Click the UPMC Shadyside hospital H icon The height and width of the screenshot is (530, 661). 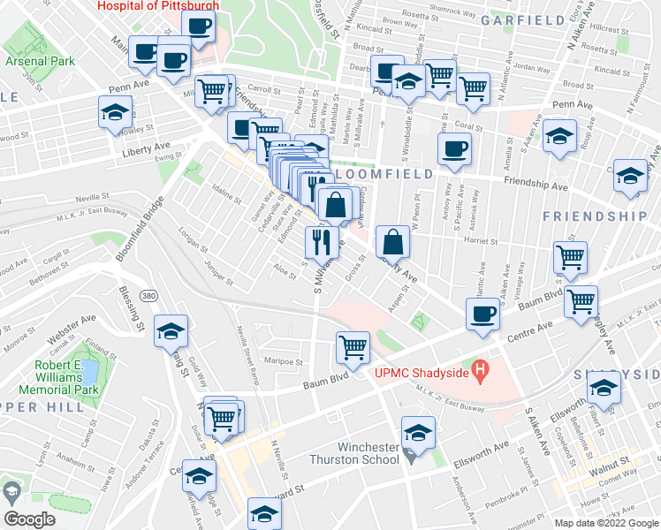(481, 370)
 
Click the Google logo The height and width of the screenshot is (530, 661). (28, 519)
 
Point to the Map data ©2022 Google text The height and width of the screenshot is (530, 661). (606, 522)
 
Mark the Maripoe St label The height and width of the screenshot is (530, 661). (286, 360)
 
